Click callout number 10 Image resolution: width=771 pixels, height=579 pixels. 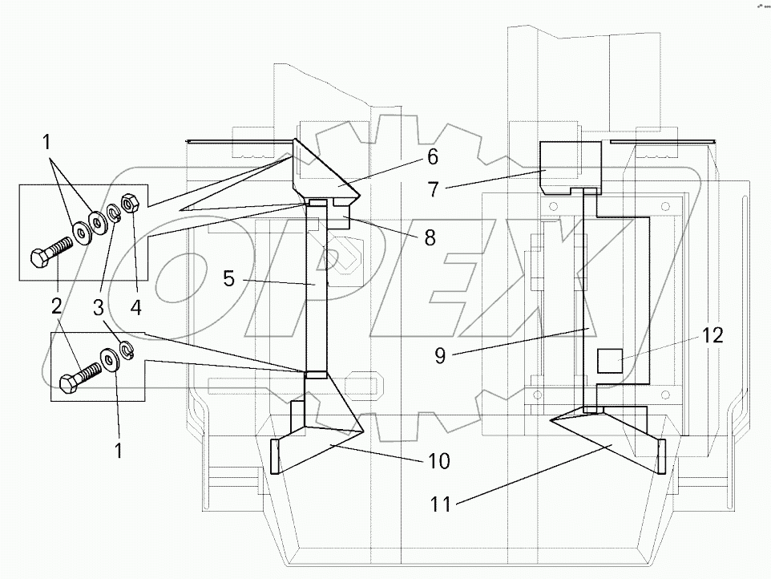click(x=438, y=462)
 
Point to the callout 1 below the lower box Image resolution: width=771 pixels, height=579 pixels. click(x=118, y=451)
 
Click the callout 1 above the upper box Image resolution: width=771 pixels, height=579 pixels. click(x=47, y=143)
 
